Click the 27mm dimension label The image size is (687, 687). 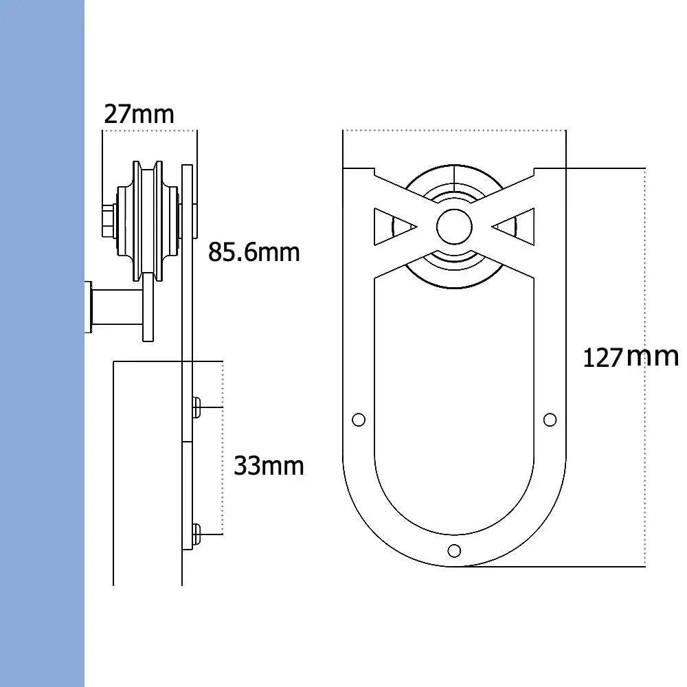point(139,114)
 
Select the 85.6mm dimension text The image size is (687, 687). point(254,253)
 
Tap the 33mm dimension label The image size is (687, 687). point(269,466)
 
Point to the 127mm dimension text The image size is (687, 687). point(630,357)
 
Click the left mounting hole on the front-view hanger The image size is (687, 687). point(357,419)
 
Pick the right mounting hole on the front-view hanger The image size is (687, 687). point(550,419)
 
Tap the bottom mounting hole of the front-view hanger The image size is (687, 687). point(453,550)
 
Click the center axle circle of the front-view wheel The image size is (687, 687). point(454,227)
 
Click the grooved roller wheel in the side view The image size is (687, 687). point(148,220)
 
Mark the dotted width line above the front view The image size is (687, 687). point(453,130)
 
